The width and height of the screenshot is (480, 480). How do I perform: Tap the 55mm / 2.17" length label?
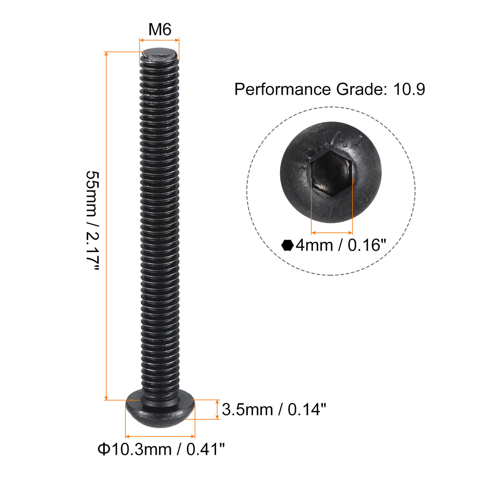pyautogui.click(x=92, y=221)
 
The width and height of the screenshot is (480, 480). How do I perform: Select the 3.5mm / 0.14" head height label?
pyautogui.click(x=274, y=409)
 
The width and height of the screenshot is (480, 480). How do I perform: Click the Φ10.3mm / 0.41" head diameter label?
pyautogui.click(x=161, y=449)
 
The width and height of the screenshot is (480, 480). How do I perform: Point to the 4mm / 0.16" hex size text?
pyautogui.click(x=341, y=245)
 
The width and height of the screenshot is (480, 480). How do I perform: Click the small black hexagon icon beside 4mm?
pyautogui.click(x=287, y=245)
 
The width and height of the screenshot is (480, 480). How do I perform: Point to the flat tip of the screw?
pyautogui.click(x=159, y=54)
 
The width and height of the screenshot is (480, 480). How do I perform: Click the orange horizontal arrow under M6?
pyautogui.click(x=159, y=40)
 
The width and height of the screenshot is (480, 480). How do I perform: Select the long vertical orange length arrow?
pyautogui.click(x=106, y=226)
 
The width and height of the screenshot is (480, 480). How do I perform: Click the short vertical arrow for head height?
pyautogui.click(x=217, y=409)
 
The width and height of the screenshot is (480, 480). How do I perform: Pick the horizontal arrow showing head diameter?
pyautogui.click(x=160, y=436)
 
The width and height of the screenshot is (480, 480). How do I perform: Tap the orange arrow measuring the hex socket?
pyautogui.click(x=332, y=233)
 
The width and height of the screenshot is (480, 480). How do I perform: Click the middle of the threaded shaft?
pyautogui.click(x=160, y=223)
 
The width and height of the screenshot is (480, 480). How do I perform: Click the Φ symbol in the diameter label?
pyautogui.click(x=103, y=449)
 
